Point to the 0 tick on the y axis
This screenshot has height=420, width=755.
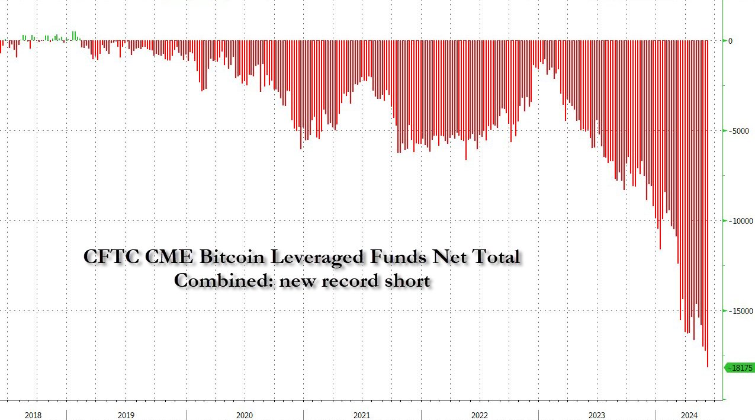coord(730,41)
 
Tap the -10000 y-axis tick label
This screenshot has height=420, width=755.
coord(739,221)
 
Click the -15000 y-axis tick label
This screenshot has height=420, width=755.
coord(739,311)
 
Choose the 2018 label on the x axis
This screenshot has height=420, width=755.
coord(33,415)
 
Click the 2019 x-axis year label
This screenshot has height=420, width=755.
coord(126,415)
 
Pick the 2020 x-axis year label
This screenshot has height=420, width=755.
coord(244,415)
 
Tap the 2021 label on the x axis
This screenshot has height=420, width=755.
coord(362,415)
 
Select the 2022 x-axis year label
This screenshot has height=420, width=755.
coord(480,415)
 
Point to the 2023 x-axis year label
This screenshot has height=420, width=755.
coord(597,415)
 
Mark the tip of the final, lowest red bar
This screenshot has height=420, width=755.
coord(708,366)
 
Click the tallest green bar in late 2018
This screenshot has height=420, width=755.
coord(73,33)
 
